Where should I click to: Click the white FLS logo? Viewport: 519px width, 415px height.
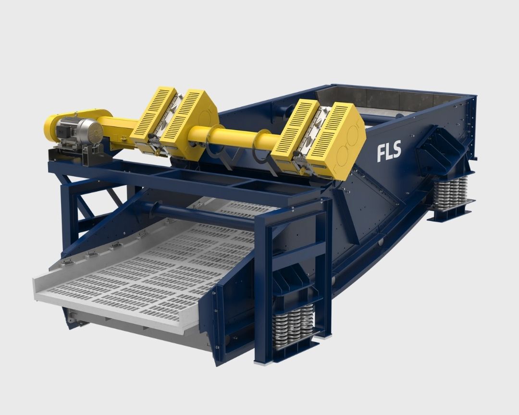tap(389, 151)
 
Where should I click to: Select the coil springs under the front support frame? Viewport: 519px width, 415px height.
tap(293, 326)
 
